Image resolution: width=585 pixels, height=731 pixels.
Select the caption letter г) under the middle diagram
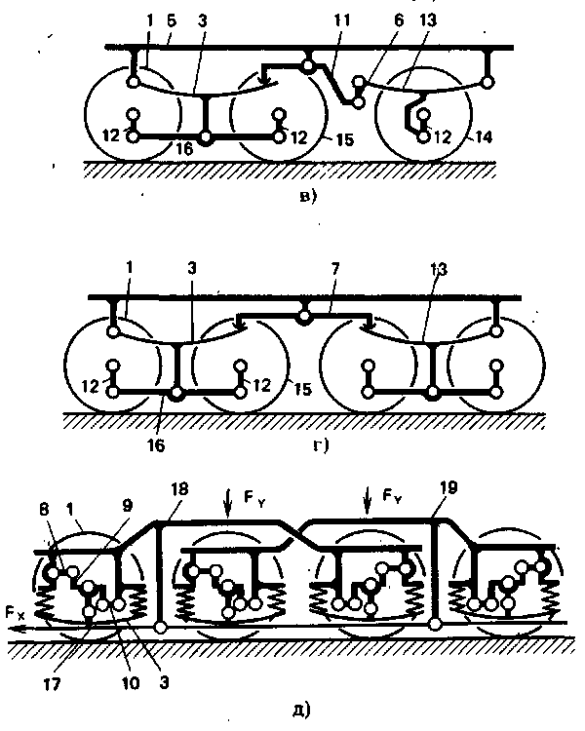coord(319,445)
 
